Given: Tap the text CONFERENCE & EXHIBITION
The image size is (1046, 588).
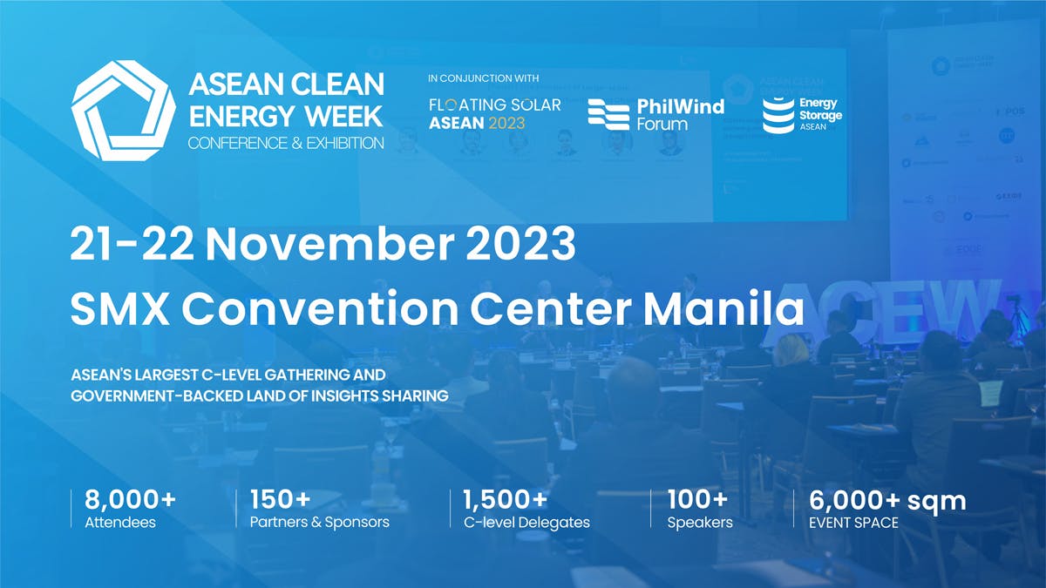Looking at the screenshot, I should [286, 142].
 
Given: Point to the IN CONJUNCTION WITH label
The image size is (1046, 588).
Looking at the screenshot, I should [483, 78].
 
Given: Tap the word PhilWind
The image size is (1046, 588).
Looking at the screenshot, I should [680, 106].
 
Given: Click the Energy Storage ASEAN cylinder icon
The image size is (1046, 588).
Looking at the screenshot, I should [778, 115].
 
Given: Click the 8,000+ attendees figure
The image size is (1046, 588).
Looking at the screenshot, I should [130, 500].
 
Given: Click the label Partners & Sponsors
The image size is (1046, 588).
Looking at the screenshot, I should [319, 523].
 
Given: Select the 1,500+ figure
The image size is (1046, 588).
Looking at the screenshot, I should [505, 500].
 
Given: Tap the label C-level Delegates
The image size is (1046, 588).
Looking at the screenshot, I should [526, 523].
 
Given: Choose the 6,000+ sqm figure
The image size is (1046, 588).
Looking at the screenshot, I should [887, 500].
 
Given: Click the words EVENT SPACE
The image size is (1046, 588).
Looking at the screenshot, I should [853, 523].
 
